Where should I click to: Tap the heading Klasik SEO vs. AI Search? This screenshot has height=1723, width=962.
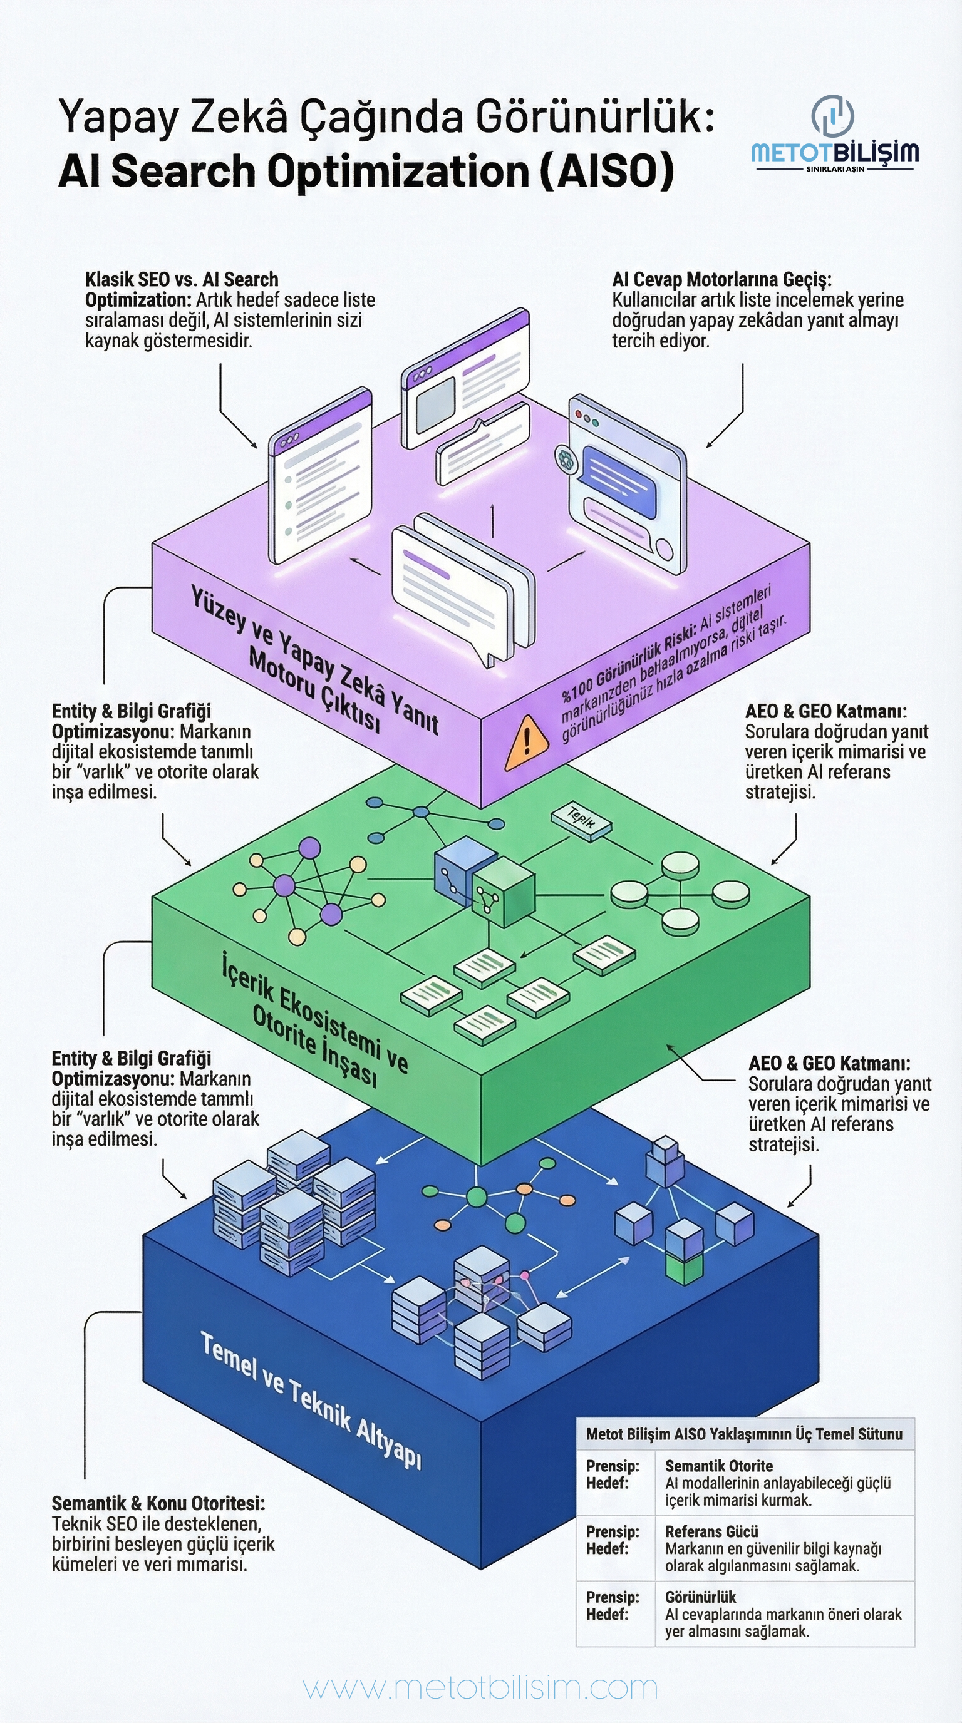pos(181,280)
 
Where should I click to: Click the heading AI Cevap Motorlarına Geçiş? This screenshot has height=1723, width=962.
pos(721,280)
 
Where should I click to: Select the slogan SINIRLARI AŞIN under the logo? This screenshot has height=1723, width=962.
pos(835,168)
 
